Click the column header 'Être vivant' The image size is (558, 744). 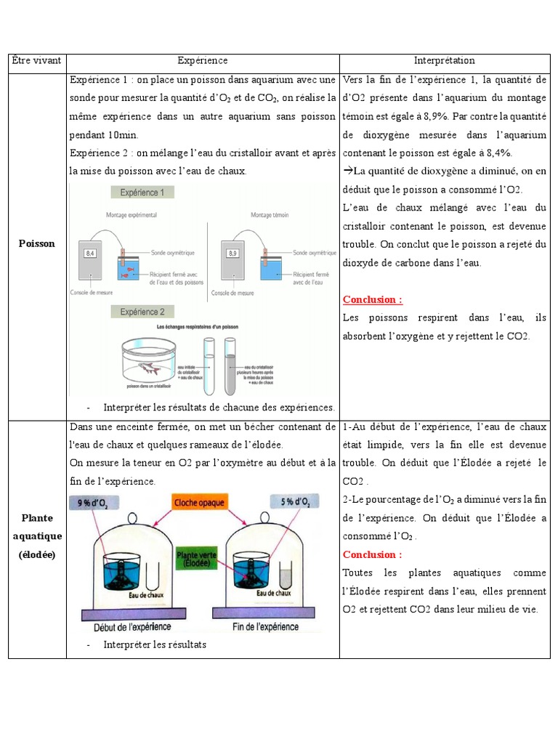pyautogui.click(x=36, y=61)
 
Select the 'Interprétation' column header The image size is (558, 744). pyautogui.click(x=445, y=61)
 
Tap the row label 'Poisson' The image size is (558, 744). pyautogui.click(x=37, y=243)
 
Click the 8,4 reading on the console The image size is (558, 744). pyautogui.click(x=91, y=254)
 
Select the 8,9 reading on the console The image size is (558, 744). pyautogui.click(x=232, y=254)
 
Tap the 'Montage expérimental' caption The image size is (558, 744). pyautogui.click(x=132, y=215)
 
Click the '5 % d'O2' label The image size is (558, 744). pyautogui.click(x=295, y=502)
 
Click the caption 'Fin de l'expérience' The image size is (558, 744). pyautogui.click(x=267, y=627)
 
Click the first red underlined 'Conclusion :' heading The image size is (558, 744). pyautogui.click(x=373, y=299)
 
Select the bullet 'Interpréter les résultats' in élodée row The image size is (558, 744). pyautogui.click(x=155, y=644)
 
